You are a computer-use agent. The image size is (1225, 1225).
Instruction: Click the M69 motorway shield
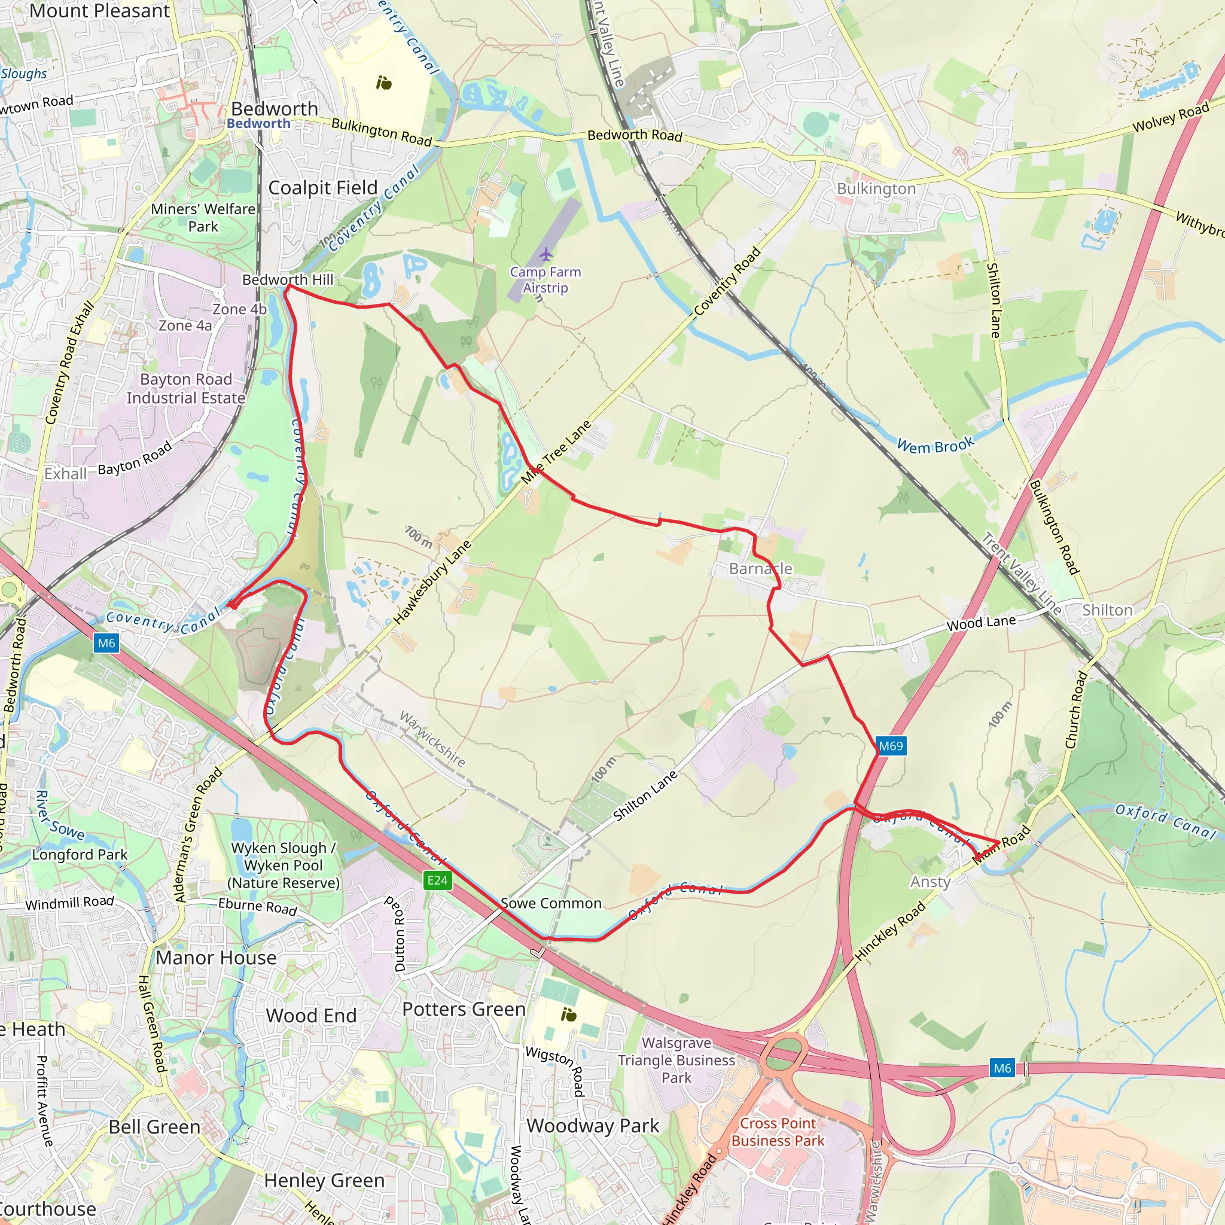pos(890,746)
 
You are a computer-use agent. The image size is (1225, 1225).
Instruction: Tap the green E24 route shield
pos(437,880)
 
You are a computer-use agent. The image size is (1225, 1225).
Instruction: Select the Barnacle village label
pos(760,569)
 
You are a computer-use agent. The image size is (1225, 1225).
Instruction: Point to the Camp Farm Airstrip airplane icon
pos(546,254)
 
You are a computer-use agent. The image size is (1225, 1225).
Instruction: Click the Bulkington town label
pos(876,189)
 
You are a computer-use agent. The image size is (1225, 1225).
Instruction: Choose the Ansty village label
pos(930,882)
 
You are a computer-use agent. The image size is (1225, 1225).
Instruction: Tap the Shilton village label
pos(1107,610)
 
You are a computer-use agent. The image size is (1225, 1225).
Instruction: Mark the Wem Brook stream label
pos(935,446)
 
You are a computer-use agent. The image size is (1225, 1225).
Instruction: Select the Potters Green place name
pos(464,1009)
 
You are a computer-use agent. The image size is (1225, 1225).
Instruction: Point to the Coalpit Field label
pos(323,188)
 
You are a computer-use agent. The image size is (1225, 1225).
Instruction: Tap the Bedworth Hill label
pos(288,279)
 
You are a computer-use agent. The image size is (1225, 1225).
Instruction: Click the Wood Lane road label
pos(981,623)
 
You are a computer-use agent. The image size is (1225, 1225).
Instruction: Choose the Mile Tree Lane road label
pos(556,452)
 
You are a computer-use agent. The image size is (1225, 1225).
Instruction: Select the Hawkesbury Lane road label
pos(433,582)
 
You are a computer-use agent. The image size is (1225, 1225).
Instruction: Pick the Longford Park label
pos(80,855)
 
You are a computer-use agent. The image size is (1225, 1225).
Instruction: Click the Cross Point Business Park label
pos(778,1132)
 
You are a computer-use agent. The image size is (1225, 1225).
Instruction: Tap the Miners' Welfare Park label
pos(203,218)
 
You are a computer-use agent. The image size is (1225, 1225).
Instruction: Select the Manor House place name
pos(216,958)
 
